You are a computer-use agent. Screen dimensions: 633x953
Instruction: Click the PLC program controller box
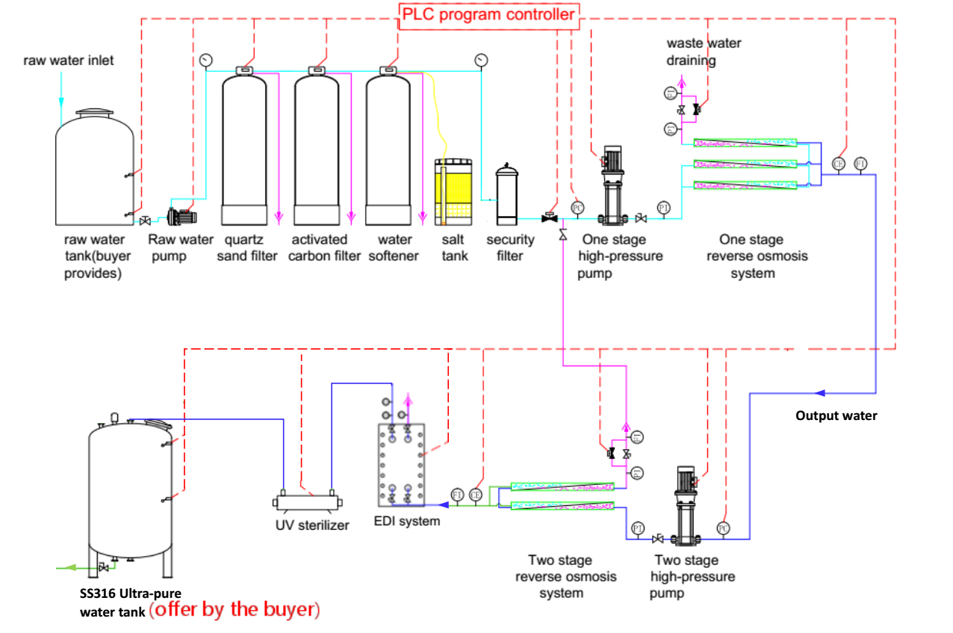(489, 14)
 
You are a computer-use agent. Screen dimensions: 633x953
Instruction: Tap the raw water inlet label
(69, 60)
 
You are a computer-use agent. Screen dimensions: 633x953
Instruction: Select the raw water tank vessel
(95, 168)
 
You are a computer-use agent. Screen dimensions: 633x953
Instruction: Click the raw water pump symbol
(181, 217)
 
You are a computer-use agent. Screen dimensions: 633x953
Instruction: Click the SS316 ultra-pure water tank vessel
(131, 493)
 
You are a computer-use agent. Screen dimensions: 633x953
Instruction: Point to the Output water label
(836, 416)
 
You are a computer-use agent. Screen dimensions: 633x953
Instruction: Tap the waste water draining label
(704, 52)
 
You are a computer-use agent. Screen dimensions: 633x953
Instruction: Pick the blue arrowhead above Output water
(819, 392)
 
